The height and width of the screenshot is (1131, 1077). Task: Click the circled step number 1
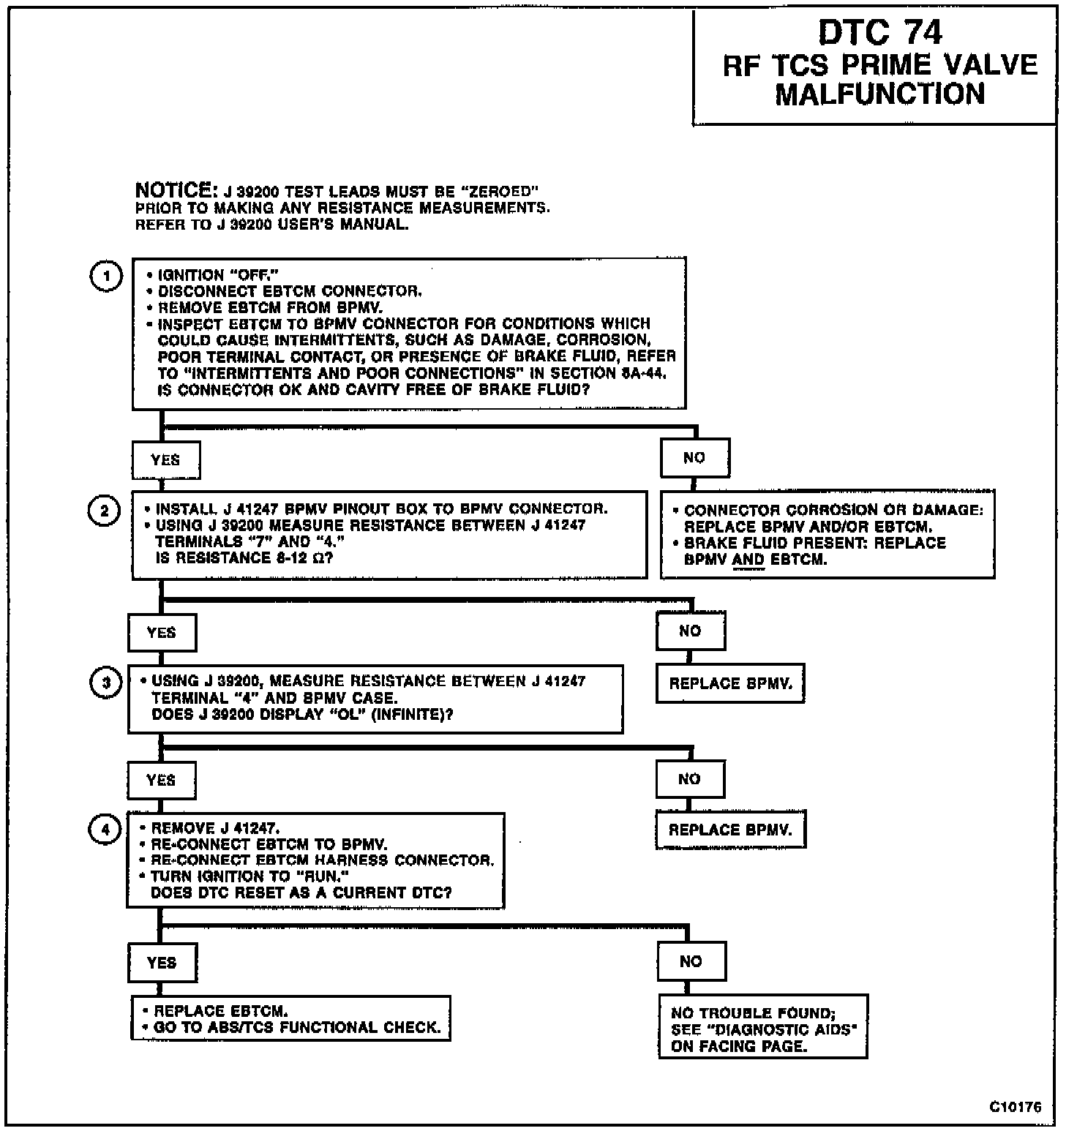pos(107,277)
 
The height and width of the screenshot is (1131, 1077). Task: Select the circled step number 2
pos(104,511)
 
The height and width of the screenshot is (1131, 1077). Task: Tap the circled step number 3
pos(106,683)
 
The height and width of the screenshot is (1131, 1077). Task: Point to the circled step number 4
pos(105,830)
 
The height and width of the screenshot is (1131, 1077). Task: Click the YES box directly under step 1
pos(165,460)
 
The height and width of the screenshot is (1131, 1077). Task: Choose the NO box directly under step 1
pos(694,458)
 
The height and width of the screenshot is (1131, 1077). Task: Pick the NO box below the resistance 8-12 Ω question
pos(690,631)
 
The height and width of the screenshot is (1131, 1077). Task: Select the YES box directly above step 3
pos(162,633)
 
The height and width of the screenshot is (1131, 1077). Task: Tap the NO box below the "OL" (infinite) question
pos(689,779)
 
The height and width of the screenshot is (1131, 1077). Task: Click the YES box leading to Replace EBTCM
pos(162,963)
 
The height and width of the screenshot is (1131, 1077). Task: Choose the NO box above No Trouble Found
pos(691,961)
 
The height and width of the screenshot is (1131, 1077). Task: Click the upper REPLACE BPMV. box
pos(730,684)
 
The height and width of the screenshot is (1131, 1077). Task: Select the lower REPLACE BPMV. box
pos(730,830)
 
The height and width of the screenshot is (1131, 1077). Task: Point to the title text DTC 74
pos(880,32)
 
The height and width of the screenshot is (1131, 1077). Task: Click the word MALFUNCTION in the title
pos(880,94)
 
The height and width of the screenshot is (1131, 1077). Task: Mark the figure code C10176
pos(1016,1107)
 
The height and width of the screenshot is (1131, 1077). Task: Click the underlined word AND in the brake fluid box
pos(748,560)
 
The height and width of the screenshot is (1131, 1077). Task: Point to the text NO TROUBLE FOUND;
pos(753,1013)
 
